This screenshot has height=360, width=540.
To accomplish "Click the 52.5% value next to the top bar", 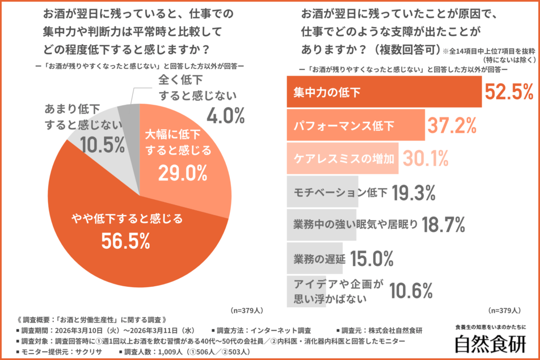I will [x=509, y=92].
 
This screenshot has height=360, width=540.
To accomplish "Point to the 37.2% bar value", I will [x=452, y=125].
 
